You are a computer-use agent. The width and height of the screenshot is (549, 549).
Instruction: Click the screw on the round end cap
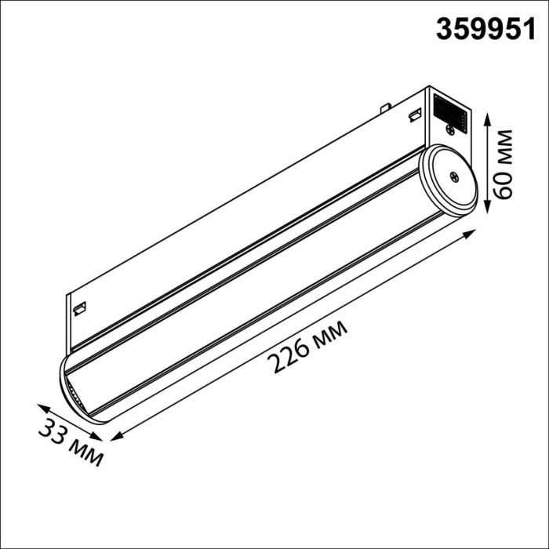[453, 176]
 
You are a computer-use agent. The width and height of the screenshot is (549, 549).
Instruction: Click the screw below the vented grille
[449, 129]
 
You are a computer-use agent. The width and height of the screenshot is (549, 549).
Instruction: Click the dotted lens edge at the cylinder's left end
[71, 392]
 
